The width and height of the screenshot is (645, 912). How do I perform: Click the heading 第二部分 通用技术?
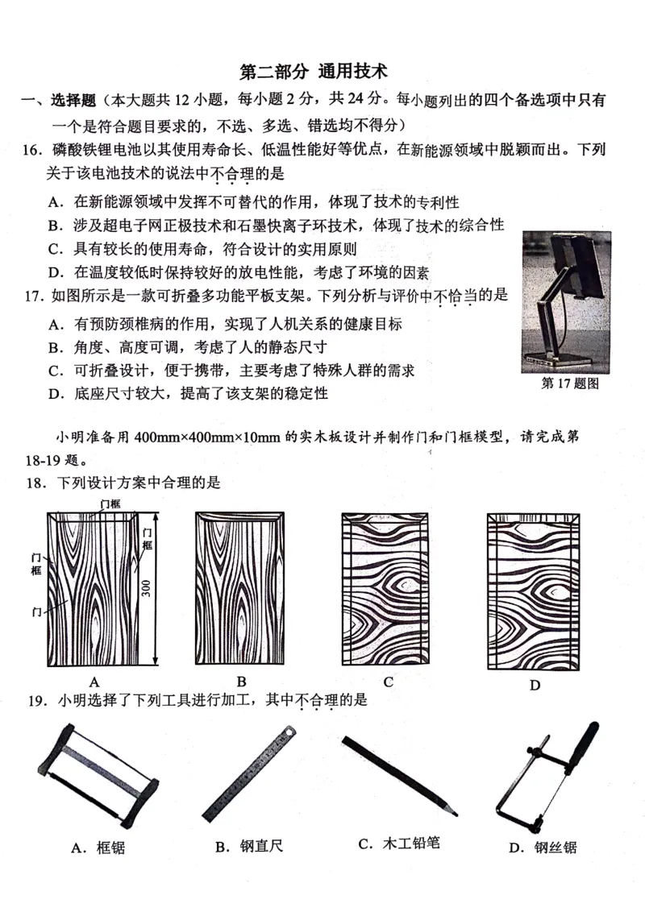coord(314,72)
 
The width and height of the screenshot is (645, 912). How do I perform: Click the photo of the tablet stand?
coord(566,301)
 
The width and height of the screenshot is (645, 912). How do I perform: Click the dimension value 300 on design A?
coord(146,587)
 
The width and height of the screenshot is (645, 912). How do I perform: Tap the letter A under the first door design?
coord(94,681)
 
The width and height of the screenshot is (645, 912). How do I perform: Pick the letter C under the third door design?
coord(388,682)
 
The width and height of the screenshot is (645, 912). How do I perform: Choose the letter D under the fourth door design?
coord(534,686)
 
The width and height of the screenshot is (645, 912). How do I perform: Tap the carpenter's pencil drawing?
coord(398,774)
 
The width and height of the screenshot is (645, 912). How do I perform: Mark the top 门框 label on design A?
coord(110,504)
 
